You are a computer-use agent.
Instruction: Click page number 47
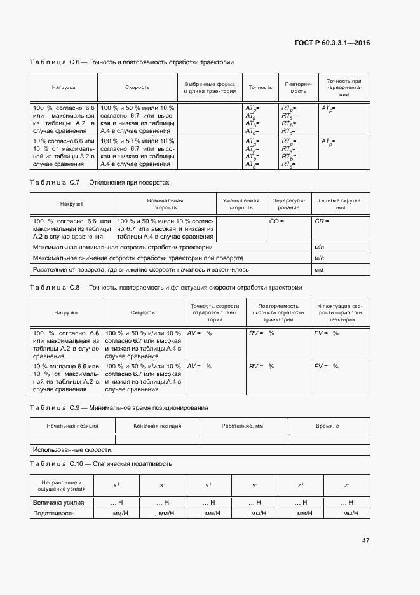click(365, 540)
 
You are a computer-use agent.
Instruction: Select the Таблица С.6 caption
click(132, 62)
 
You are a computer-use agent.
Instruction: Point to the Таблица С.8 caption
click(166, 288)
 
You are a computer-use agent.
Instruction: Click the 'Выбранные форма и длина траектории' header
click(210, 88)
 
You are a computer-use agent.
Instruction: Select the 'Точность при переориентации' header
click(344, 87)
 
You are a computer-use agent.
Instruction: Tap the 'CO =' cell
click(276, 221)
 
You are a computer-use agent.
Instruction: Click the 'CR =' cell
click(321, 221)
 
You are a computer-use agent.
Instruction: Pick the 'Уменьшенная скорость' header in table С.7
click(241, 204)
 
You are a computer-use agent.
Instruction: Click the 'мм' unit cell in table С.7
click(319, 270)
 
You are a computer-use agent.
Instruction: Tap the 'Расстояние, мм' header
click(242, 425)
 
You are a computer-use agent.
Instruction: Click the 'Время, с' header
click(327, 425)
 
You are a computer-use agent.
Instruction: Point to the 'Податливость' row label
click(53, 513)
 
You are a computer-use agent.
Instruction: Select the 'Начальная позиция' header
click(72, 425)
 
